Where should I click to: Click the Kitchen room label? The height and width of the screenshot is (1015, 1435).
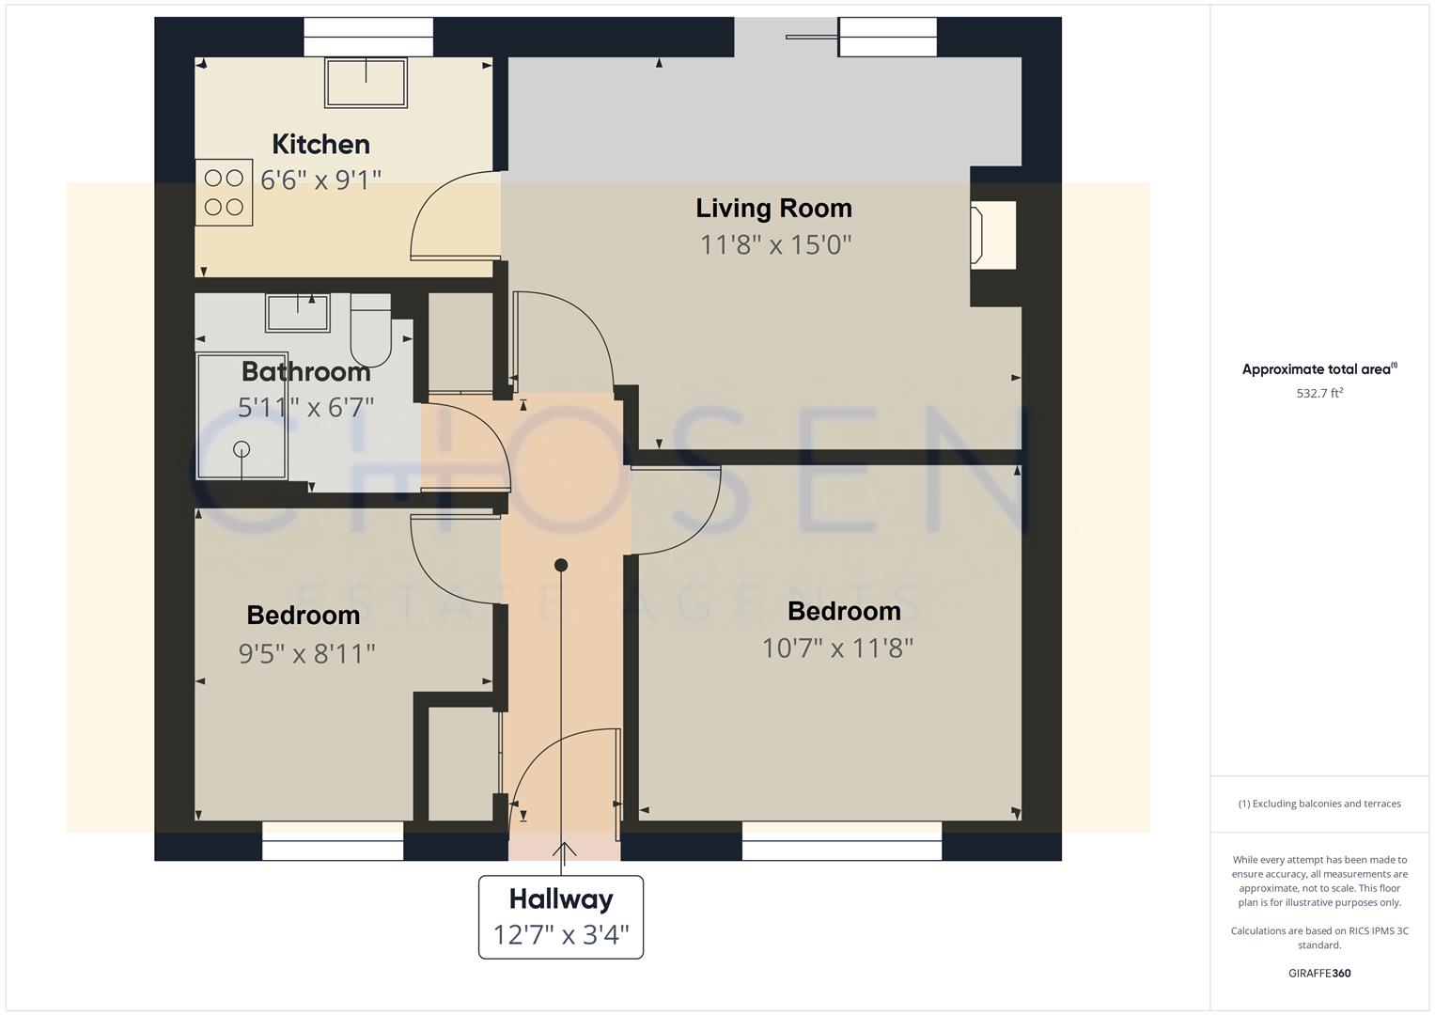(320, 145)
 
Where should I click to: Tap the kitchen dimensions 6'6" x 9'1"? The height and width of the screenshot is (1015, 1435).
(320, 180)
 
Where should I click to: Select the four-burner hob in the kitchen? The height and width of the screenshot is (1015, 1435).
(224, 192)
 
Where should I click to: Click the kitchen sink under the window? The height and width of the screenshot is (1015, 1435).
(366, 83)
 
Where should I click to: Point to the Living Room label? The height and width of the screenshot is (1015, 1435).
(773, 209)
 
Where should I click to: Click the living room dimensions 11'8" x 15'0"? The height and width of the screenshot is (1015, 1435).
(775, 245)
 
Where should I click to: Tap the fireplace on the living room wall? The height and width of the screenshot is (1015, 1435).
(992, 235)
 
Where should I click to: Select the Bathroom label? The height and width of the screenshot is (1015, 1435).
(305, 372)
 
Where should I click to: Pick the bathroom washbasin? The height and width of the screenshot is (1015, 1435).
(298, 312)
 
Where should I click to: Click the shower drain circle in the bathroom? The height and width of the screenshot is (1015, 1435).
(242, 449)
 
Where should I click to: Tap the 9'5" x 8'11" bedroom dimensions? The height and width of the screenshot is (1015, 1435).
(306, 653)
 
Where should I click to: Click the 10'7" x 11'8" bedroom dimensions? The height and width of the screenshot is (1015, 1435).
(837, 648)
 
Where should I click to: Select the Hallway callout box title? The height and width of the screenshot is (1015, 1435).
(561, 899)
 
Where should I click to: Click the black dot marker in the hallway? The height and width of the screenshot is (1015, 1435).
(561, 565)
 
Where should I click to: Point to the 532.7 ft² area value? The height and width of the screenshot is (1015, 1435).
(1319, 394)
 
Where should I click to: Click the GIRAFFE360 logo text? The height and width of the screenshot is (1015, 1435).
(1319, 974)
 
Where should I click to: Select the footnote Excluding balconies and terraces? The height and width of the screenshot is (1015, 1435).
(1319, 804)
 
